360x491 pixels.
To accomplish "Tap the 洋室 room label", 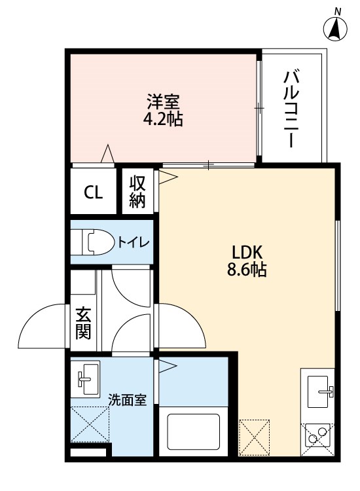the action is click(164, 101).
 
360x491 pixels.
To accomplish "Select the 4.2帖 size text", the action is click(163, 118).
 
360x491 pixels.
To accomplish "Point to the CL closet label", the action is click(94, 192).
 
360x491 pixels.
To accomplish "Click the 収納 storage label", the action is click(137, 192).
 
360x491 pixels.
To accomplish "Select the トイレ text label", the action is click(134, 242).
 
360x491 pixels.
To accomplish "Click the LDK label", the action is click(247, 253).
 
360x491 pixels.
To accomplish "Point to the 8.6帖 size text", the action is click(247, 269).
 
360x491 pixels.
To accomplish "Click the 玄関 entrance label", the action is click(83, 323).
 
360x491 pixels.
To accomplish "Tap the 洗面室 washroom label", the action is click(128, 400).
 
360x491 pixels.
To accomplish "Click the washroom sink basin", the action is click(86, 378).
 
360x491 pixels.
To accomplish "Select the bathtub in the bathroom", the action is click(194, 431).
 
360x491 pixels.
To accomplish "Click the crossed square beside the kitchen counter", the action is click(254, 437).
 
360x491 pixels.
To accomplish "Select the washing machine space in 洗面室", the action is click(90, 424).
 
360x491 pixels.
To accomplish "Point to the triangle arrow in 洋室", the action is click(108, 153).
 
